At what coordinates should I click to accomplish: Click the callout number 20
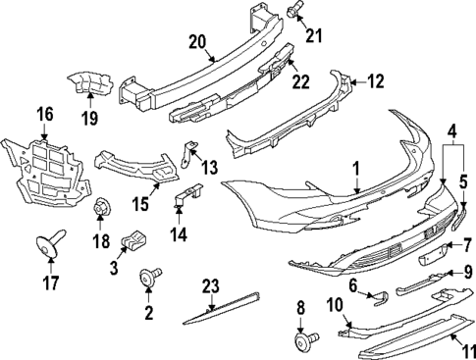(x=196, y=41)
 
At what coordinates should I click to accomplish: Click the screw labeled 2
(x=151, y=281)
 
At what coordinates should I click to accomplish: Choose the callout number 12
(x=376, y=80)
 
